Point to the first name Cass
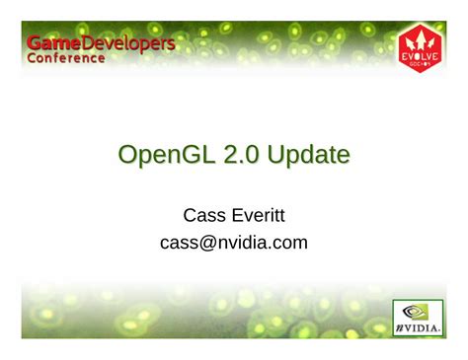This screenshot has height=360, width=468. click(204, 213)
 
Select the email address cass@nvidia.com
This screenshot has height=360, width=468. click(233, 241)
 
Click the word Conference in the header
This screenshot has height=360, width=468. click(65, 58)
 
